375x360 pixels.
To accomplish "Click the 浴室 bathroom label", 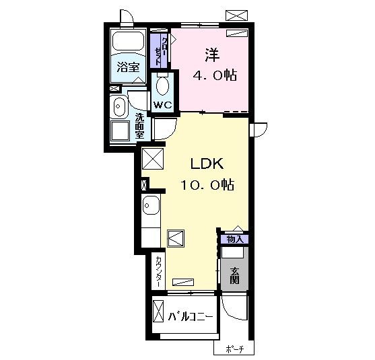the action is point(128,67).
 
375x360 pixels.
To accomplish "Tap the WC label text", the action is point(163,105).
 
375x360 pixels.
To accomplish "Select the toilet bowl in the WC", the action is point(163,85).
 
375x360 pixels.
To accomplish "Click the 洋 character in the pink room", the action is point(212,55).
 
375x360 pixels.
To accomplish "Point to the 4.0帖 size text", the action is point(215,75).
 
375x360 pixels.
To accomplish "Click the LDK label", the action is point(207,164).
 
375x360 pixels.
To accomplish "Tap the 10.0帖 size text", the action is point(207,184).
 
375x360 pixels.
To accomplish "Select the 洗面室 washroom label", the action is point(139,126).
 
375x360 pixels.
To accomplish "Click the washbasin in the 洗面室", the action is point(118,106).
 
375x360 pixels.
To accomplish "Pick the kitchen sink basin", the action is point(151,205).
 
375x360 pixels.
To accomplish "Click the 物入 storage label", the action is point(235,239).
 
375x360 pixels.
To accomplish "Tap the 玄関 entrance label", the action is point(234,275).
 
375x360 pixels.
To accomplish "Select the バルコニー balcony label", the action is point(191,317).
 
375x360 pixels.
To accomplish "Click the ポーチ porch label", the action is point(234,349).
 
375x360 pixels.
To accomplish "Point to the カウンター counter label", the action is point(159,272).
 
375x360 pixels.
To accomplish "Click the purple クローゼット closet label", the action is point(159,51).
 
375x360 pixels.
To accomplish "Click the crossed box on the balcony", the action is point(158,312).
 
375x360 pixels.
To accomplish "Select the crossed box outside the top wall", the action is point(236,15).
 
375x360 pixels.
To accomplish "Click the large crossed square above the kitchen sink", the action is point(153,159).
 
